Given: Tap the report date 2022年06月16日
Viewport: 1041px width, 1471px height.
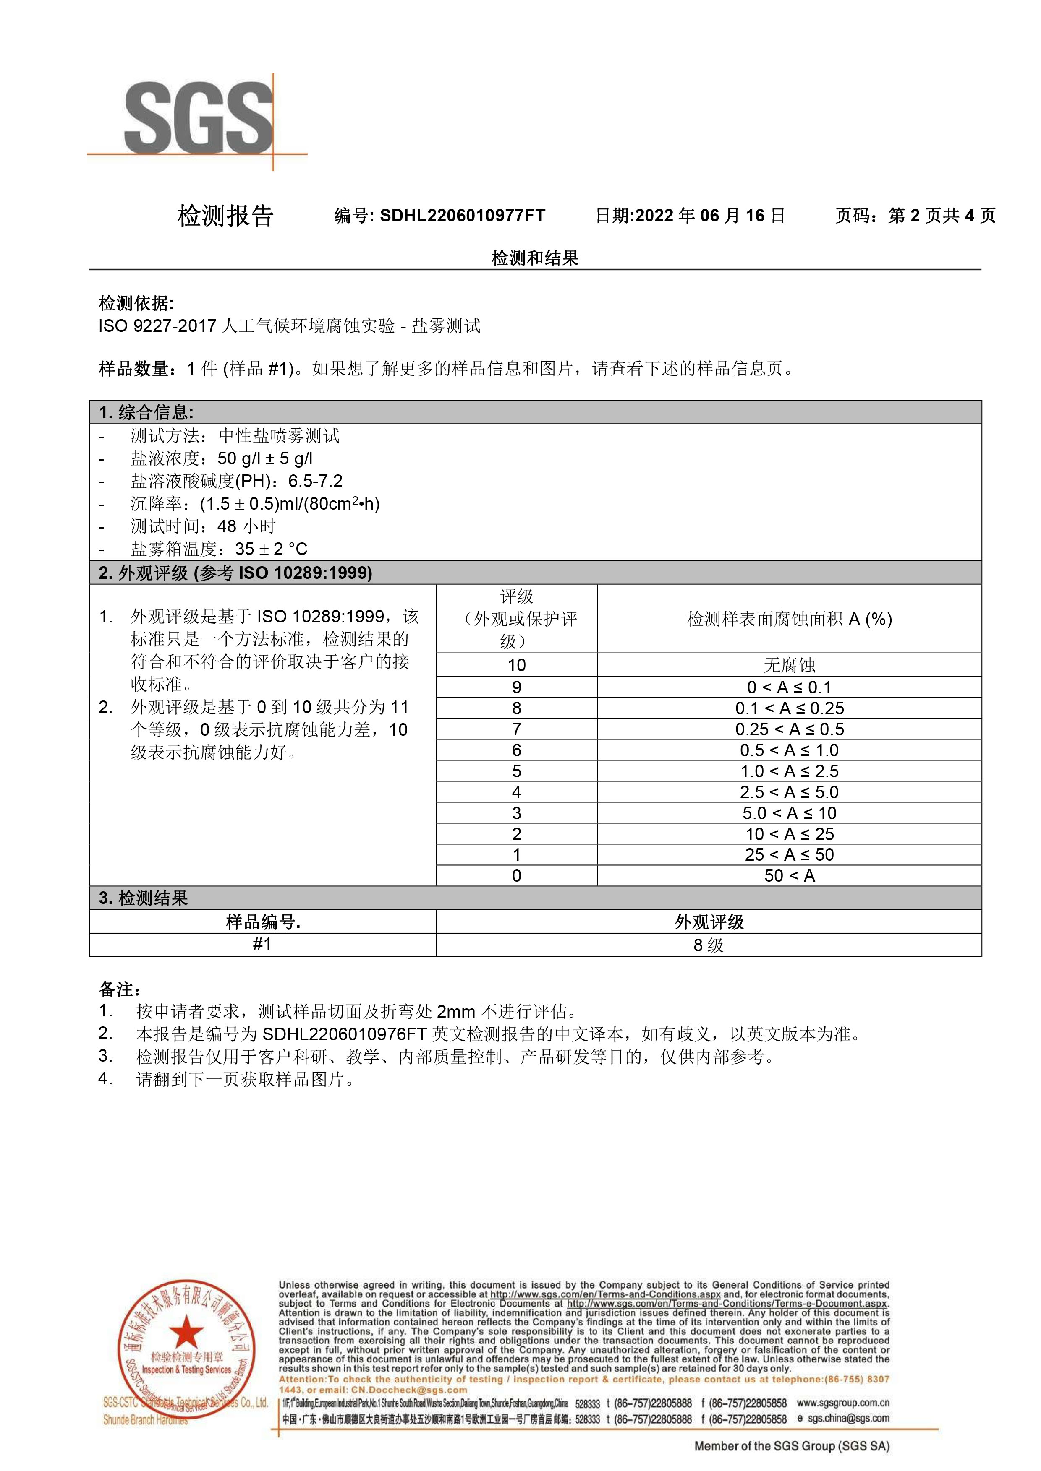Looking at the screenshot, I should (x=709, y=216).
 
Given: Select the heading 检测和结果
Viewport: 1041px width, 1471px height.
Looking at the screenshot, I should (x=535, y=258).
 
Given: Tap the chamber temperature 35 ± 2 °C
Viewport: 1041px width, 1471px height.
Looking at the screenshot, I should (x=271, y=549).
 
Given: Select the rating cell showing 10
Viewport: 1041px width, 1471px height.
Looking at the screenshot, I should (x=517, y=665).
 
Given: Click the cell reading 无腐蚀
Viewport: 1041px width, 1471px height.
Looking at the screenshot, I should (x=789, y=665).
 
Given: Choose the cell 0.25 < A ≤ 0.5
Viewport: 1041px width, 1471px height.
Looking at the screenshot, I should (x=789, y=729).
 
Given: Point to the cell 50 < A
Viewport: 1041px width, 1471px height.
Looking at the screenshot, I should (x=789, y=876).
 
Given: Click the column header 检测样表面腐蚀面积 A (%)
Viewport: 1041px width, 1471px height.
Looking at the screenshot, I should (x=789, y=619).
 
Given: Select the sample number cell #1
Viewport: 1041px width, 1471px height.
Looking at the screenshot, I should (x=262, y=944).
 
